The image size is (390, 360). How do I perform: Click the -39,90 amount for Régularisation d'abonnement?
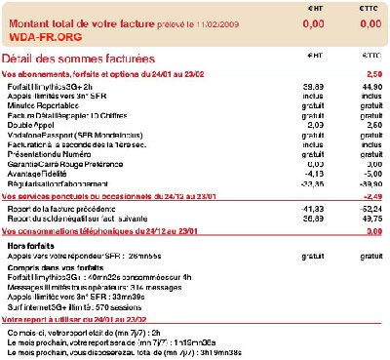[x=369, y=182]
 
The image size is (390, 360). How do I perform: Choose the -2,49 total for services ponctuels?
[x=370, y=196]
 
